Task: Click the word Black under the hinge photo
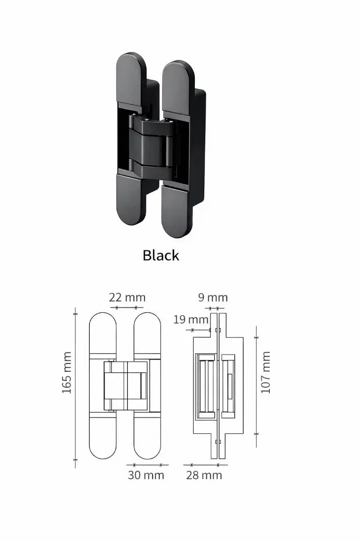(160, 256)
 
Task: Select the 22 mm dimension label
(127, 298)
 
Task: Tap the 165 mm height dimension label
(67, 376)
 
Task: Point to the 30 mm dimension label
(146, 475)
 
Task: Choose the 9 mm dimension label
(213, 297)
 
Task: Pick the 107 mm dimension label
(266, 372)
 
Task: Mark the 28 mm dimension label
(204, 475)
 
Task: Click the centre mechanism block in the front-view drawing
(127, 385)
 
